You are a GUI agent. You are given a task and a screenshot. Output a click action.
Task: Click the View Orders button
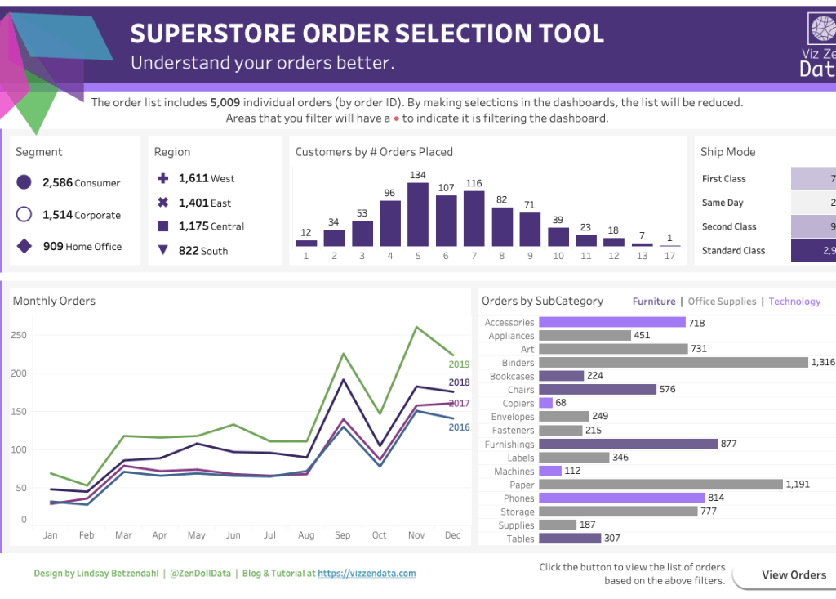(793, 574)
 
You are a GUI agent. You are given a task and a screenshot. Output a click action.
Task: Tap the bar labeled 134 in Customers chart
(418, 214)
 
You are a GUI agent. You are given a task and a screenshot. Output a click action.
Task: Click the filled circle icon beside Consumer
(24, 183)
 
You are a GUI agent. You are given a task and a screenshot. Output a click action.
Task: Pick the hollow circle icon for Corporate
(24, 215)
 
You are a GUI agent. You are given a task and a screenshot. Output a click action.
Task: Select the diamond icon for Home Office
(24, 246)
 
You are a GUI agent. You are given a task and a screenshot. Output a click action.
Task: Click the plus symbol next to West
(162, 178)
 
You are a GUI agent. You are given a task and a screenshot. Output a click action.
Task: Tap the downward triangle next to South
(162, 251)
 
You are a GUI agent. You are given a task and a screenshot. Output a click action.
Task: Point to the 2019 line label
(459, 364)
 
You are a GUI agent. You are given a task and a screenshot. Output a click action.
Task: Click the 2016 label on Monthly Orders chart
(459, 427)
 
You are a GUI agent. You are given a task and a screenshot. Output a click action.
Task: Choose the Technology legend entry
(794, 302)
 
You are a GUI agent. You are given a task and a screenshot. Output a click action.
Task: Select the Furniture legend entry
(654, 302)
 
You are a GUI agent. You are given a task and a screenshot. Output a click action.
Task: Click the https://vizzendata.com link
(367, 574)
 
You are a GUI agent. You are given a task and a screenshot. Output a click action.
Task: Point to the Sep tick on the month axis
(342, 535)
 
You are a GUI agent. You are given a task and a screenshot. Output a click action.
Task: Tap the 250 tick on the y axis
(19, 335)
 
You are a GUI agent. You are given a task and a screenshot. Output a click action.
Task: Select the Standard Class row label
(733, 251)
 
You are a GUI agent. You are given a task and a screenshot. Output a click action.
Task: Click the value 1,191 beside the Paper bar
(797, 485)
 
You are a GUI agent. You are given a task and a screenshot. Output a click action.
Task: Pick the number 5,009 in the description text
(225, 103)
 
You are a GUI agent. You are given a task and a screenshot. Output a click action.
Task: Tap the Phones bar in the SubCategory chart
(621, 498)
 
